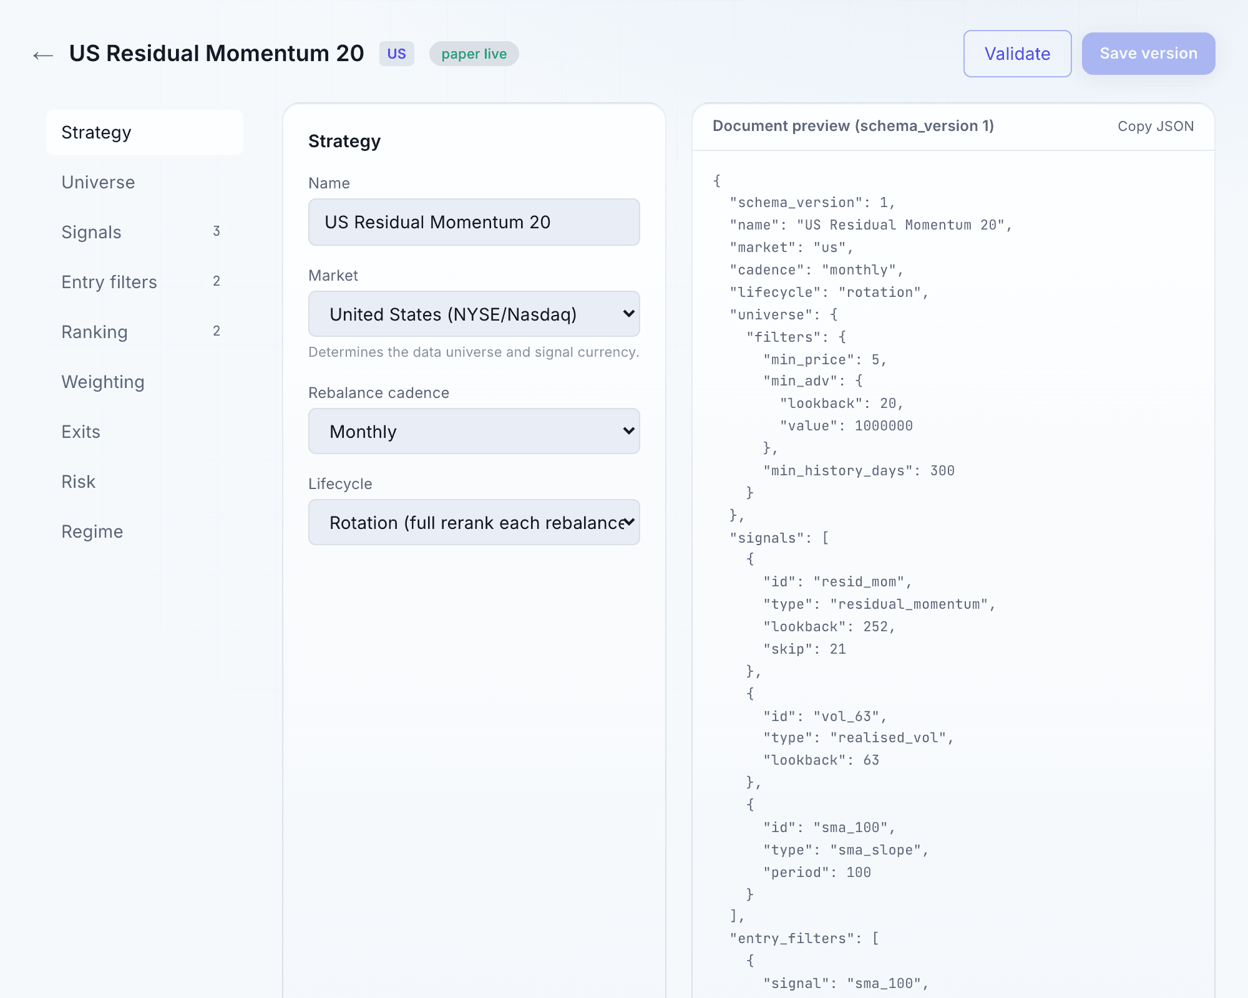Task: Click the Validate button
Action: (1017, 54)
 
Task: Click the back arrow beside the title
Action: (43, 56)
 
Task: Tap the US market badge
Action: (397, 54)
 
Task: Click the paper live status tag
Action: (474, 54)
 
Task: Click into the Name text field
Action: (474, 222)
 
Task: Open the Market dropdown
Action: (474, 314)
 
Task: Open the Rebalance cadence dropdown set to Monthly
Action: (474, 431)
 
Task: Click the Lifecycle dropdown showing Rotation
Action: (474, 522)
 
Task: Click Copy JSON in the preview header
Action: (1156, 126)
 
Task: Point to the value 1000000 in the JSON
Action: (884, 426)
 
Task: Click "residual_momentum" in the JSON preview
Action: (909, 604)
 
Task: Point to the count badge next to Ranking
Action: (217, 331)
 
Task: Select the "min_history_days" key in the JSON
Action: (838, 471)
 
